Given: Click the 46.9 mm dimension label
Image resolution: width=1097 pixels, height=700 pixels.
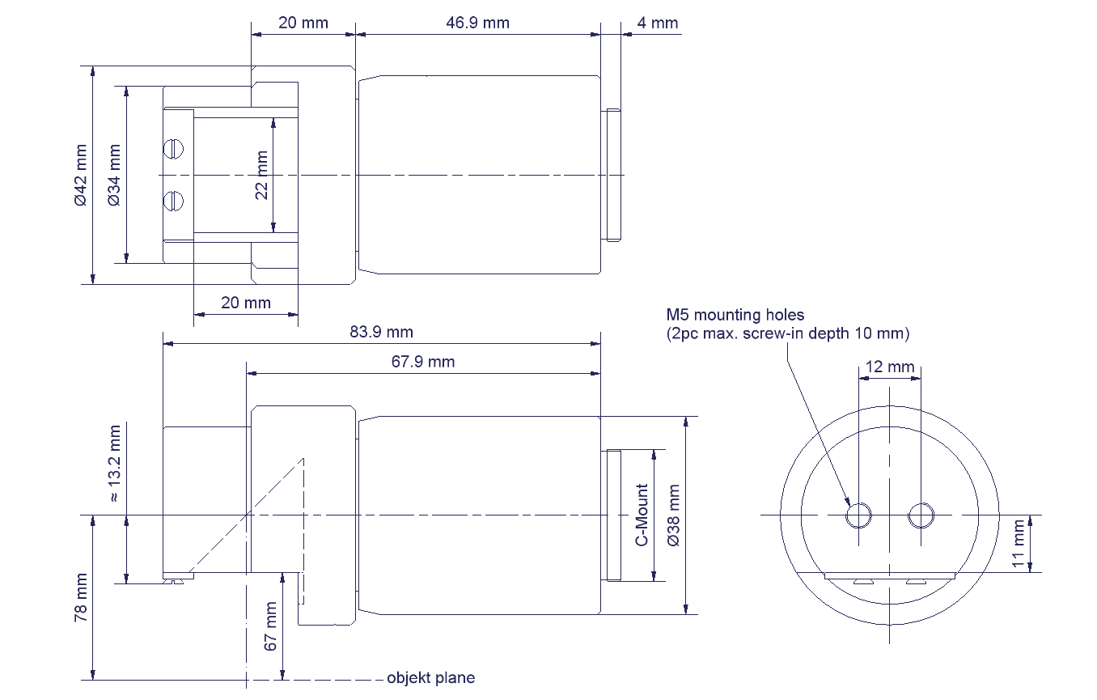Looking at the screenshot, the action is pos(477,23).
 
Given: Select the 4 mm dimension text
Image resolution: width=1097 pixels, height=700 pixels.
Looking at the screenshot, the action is pos(657,23).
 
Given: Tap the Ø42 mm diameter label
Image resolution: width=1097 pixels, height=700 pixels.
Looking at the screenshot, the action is pos(81,175).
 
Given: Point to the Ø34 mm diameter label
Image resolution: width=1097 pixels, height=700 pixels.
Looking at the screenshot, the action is pos(113,175).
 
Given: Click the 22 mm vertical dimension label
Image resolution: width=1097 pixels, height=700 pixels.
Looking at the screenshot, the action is pos(262,175).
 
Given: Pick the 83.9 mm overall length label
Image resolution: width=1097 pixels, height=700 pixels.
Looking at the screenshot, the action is pos(382,332).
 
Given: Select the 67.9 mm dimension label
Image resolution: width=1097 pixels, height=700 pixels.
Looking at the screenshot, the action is pos(423,362).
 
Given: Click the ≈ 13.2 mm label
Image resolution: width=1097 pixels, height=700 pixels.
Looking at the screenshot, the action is pos(113,464).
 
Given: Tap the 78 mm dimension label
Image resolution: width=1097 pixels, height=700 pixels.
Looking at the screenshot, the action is pos(81,597).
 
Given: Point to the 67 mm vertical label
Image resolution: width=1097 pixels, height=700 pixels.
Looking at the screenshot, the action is pos(270,626).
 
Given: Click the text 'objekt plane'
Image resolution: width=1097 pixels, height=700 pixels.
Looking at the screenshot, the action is pos(431,678).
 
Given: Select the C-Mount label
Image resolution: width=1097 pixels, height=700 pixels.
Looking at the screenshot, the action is pos(642,515).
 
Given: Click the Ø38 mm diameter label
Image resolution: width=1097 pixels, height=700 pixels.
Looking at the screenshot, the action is pos(674,515).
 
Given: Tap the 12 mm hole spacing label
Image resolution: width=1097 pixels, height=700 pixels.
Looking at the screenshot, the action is pos(890,367).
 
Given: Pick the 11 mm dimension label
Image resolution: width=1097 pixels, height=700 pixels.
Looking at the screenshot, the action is pos(1019,544).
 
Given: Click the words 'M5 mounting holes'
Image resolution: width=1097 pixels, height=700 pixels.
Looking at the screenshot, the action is pos(735,315).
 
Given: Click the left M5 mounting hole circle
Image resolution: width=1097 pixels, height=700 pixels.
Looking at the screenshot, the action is pos(858,515).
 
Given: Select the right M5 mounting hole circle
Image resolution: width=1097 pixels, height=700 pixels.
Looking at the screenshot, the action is pos(921,515).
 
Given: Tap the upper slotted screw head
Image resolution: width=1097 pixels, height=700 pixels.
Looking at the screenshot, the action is pos(173,149).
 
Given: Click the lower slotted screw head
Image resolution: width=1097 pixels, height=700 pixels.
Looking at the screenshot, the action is pos(173,201).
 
